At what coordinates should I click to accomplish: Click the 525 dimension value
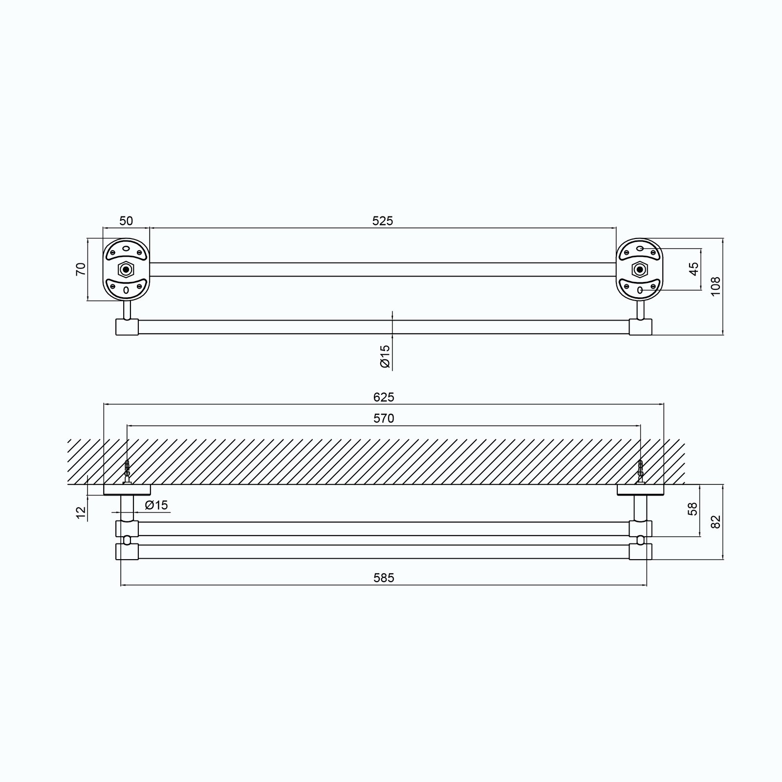(383, 221)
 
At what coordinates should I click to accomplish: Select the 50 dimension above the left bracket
(126, 221)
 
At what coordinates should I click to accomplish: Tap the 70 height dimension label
(81, 269)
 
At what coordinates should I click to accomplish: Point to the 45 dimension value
(694, 269)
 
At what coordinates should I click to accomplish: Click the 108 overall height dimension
(716, 286)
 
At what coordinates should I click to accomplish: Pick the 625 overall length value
(384, 397)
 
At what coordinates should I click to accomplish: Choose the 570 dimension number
(384, 418)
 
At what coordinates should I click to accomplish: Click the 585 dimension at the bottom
(384, 578)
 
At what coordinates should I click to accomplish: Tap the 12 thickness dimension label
(81, 512)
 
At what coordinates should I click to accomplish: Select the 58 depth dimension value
(693, 509)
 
